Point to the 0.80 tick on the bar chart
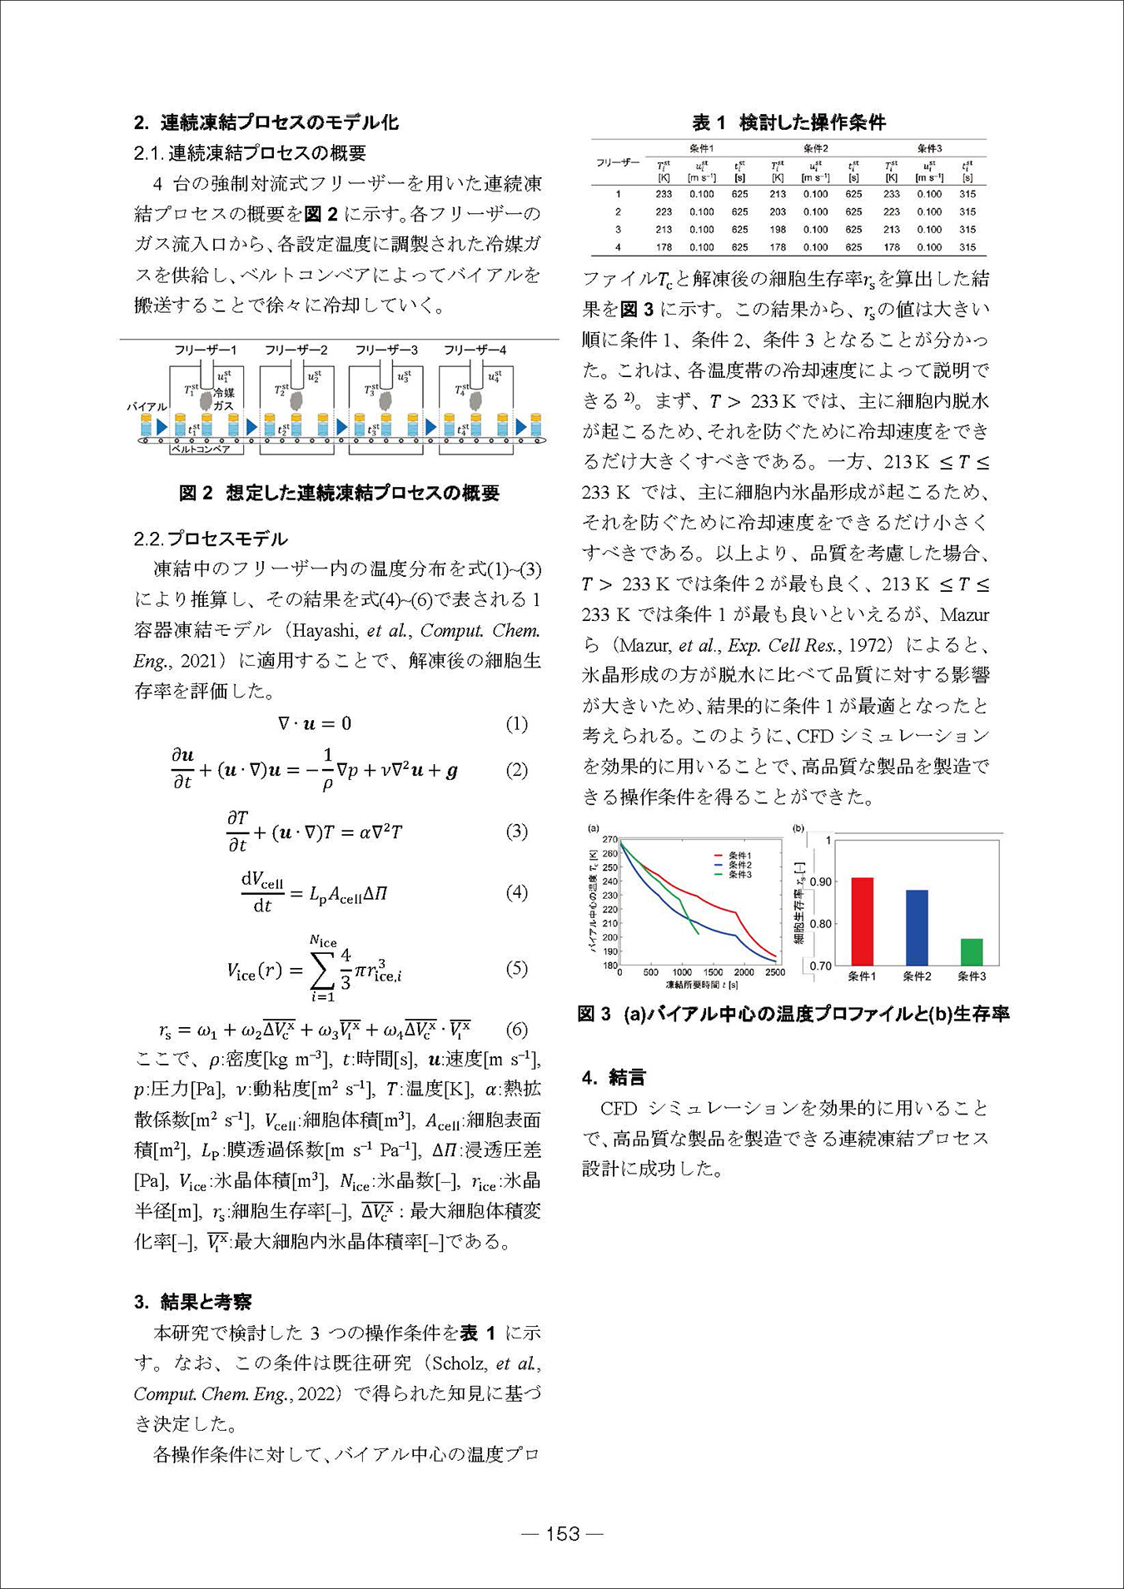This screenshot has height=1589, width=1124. click(819, 924)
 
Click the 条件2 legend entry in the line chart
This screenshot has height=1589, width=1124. click(739, 865)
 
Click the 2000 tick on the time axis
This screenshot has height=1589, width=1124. click(744, 972)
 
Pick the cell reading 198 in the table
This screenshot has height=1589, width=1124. click(778, 230)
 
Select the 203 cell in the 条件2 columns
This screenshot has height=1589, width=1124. click(778, 212)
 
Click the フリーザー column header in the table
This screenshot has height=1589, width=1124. click(618, 163)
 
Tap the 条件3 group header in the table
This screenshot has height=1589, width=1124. click(929, 148)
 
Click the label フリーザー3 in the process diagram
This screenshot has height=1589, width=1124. click(385, 350)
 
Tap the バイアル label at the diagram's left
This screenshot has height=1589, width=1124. click(147, 406)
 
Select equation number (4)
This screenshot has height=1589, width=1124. click(517, 893)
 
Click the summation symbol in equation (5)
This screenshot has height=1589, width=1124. click(322, 969)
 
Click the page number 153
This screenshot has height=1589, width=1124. click(562, 1534)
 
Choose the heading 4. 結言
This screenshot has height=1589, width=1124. click(614, 1078)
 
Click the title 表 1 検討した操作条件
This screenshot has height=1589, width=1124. click(788, 122)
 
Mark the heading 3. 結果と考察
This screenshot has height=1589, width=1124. click(193, 1302)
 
